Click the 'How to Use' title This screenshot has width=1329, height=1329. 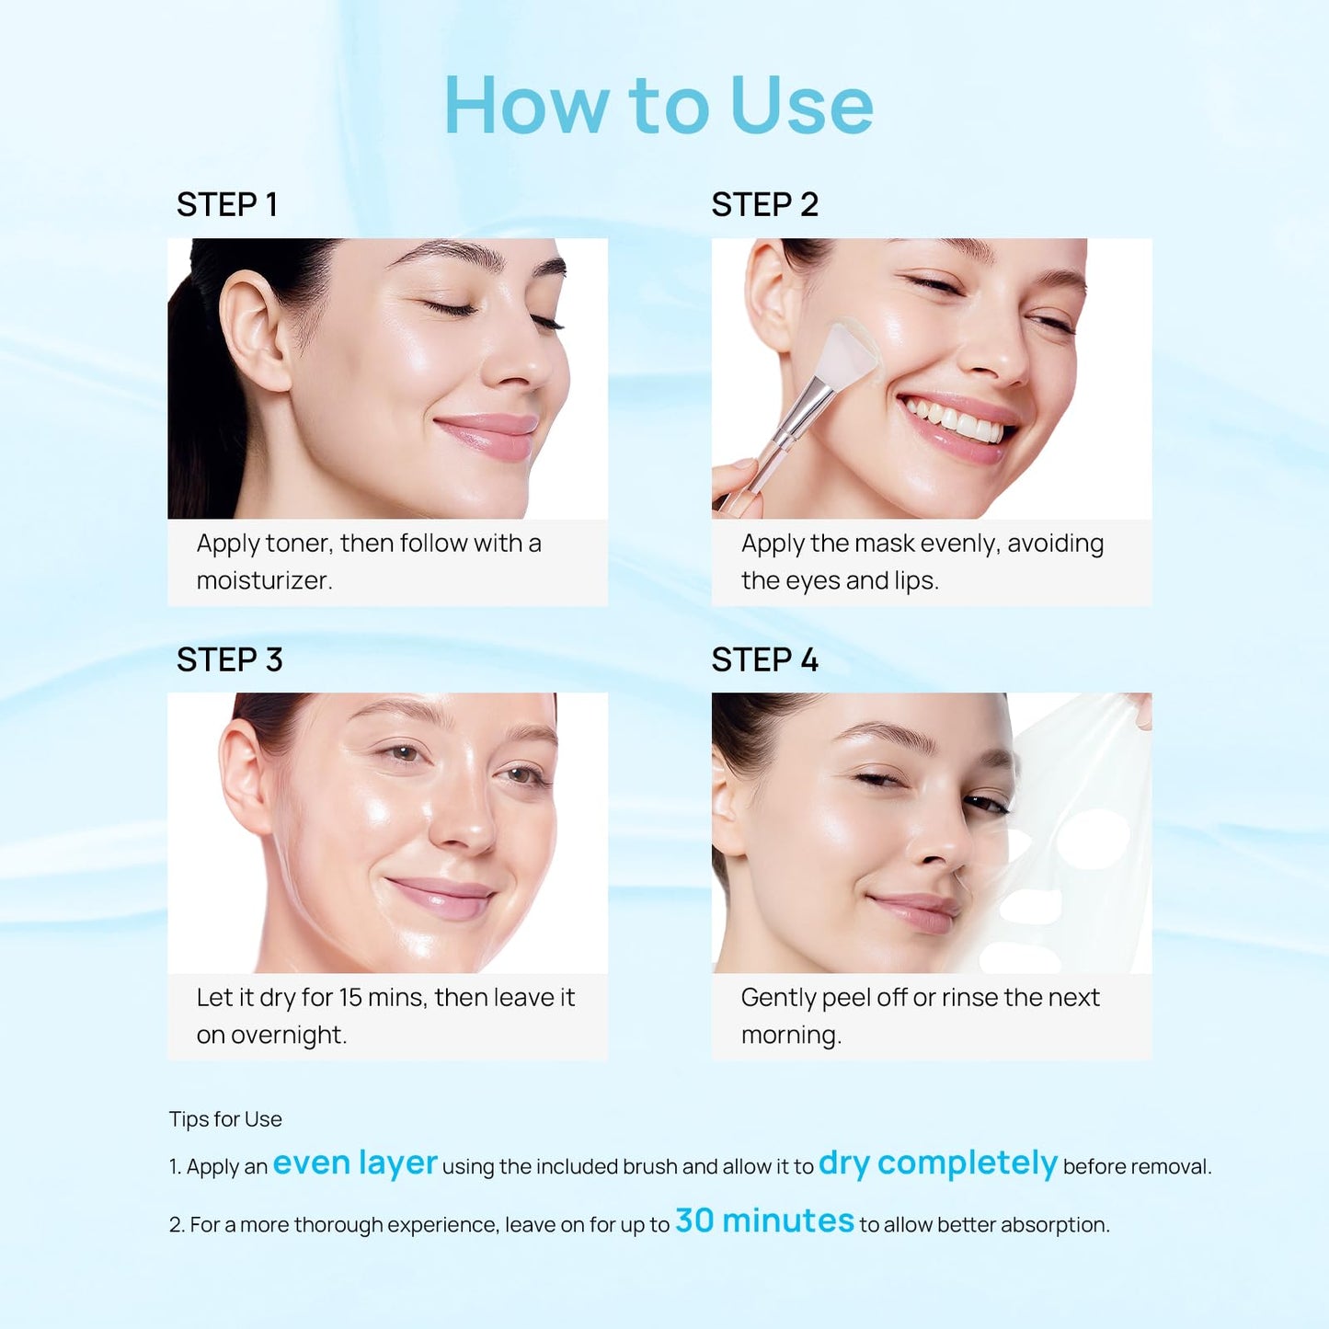pyautogui.click(x=659, y=106)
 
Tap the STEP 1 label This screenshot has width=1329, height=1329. pyautogui.click(x=226, y=205)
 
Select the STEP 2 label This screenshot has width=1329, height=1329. pyautogui.click(x=764, y=205)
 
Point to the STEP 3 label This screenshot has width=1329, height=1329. pyautogui.click(x=229, y=660)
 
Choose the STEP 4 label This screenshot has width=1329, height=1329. pyautogui.click(x=764, y=660)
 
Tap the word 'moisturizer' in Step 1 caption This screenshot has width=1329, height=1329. pyautogui.click(x=263, y=581)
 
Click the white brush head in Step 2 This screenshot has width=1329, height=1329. pyautogui.click(x=849, y=353)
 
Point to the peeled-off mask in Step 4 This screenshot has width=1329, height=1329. pyautogui.click(x=1076, y=837)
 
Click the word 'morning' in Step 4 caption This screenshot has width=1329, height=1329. pyautogui.click(x=789, y=1036)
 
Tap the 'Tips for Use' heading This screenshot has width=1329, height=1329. pyautogui.click(x=225, y=1119)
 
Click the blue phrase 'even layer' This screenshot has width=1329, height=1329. pyautogui.click(x=355, y=1163)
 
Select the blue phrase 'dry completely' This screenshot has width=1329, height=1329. pyautogui.click(x=937, y=1163)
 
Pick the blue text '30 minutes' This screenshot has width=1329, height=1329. pyautogui.click(x=764, y=1221)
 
